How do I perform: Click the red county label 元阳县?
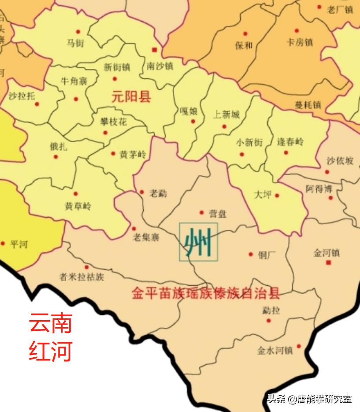coord(131,97)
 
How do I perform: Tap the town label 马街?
coord(75,43)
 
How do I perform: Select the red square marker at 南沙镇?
coord(154,49)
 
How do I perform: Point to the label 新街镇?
coord(116,68)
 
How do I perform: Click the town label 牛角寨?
coord(73,81)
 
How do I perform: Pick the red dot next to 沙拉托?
coord(37,105)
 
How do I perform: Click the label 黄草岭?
coord(78,206)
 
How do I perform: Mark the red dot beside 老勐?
coord(142,192)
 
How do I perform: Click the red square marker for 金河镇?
coord(328,263)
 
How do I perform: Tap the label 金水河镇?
coord(275,351)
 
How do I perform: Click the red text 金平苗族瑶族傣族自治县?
coord(206,294)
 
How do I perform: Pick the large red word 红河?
coord(50,352)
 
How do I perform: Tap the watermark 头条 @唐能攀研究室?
coord(309,399)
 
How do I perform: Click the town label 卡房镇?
coord(300,42)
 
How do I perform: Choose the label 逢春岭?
coord(290,142)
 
